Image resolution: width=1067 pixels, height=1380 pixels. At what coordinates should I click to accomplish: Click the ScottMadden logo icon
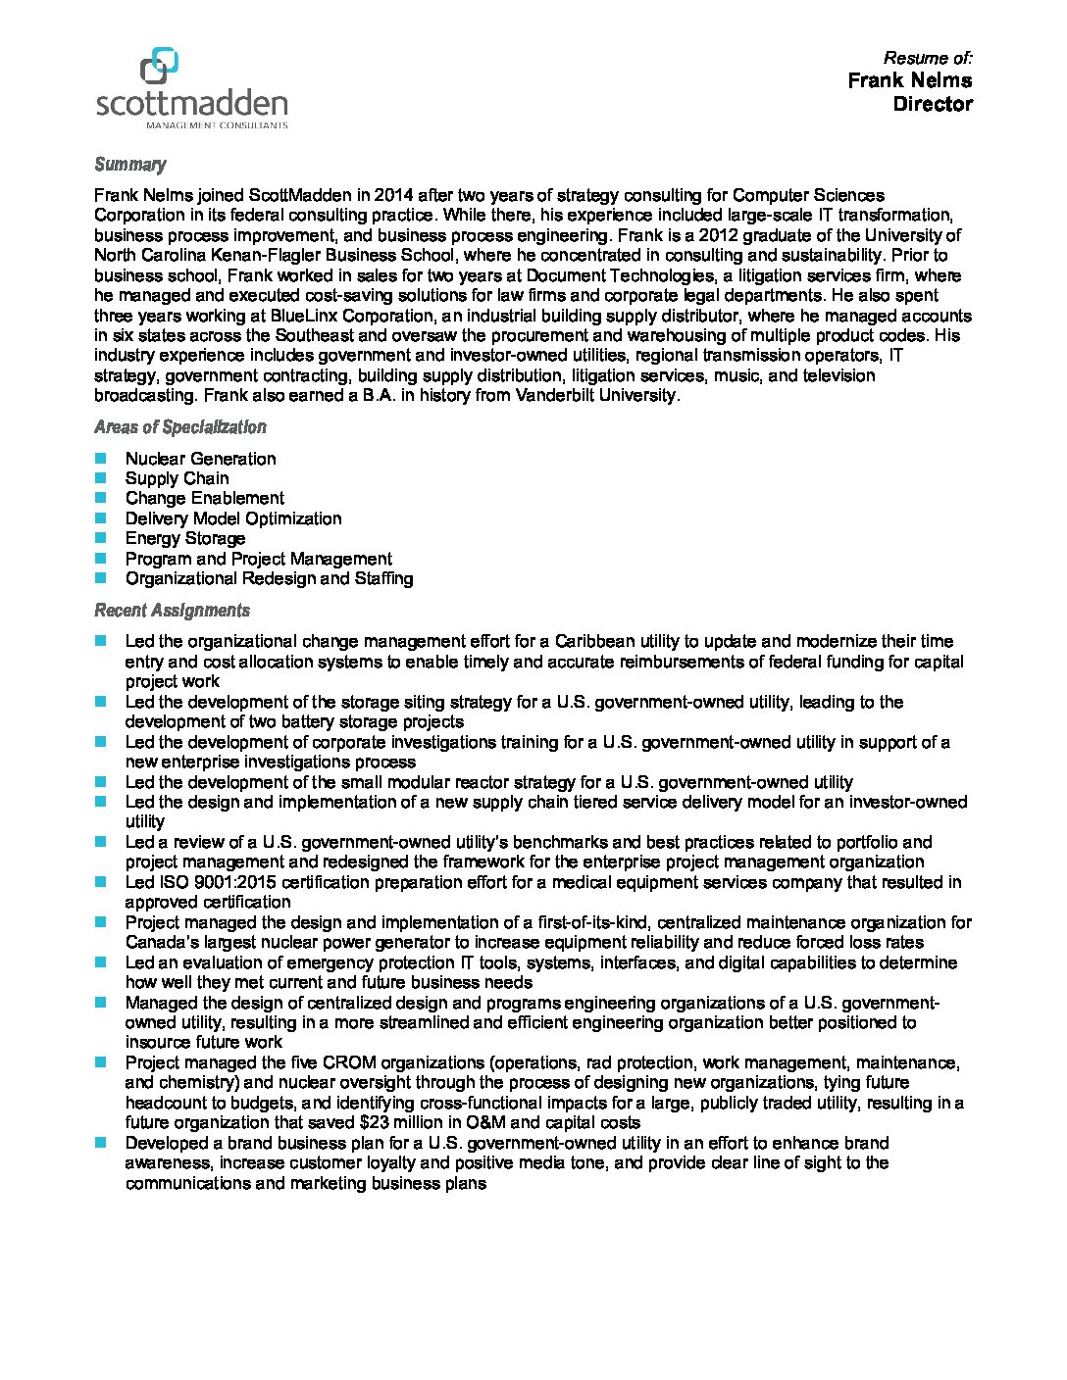click(159, 66)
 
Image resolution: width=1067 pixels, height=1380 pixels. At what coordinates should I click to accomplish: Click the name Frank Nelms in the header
click(909, 80)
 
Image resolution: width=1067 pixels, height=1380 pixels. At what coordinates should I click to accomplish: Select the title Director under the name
click(932, 104)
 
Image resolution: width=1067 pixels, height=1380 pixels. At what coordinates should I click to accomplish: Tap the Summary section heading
click(129, 165)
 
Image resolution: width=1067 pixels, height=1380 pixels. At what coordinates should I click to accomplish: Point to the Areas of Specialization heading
click(179, 427)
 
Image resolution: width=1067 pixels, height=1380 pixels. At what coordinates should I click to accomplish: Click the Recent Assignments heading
click(172, 611)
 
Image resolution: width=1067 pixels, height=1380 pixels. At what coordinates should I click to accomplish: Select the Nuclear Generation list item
click(200, 459)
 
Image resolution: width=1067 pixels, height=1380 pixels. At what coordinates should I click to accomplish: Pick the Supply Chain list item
click(177, 478)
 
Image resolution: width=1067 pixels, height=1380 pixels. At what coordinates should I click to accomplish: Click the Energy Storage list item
click(184, 538)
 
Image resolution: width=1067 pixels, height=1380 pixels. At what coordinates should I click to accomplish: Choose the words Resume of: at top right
click(927, 58)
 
